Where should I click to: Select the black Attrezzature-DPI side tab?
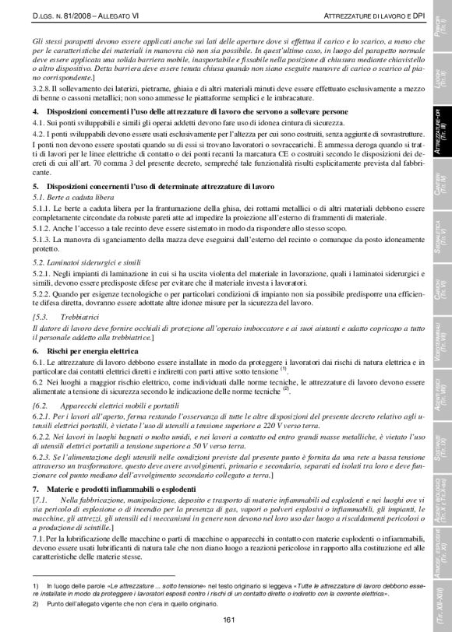(x=440, y=129)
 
